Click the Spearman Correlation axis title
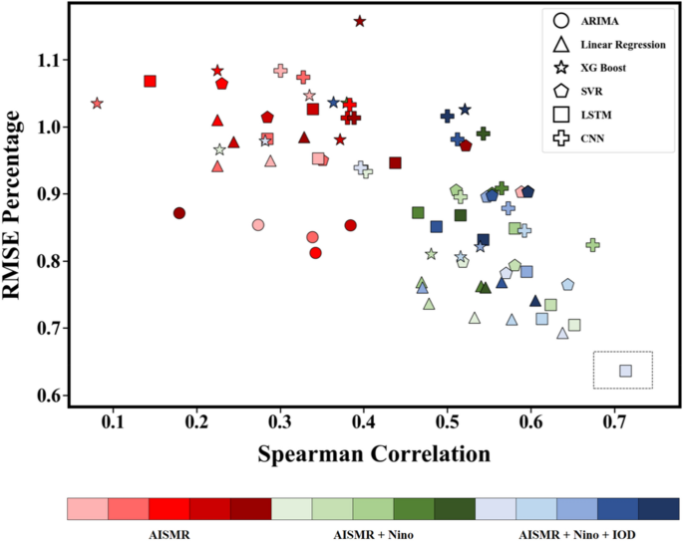[x=374, y=453]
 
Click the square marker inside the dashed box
[x=625, y=371]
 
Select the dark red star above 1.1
[x=360, y=21]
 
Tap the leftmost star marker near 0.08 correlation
[x=97, y=104]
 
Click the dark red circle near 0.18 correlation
[x=179, y=213]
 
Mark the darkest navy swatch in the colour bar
[x=659, y=509]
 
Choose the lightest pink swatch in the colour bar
[x=88, y=509]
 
